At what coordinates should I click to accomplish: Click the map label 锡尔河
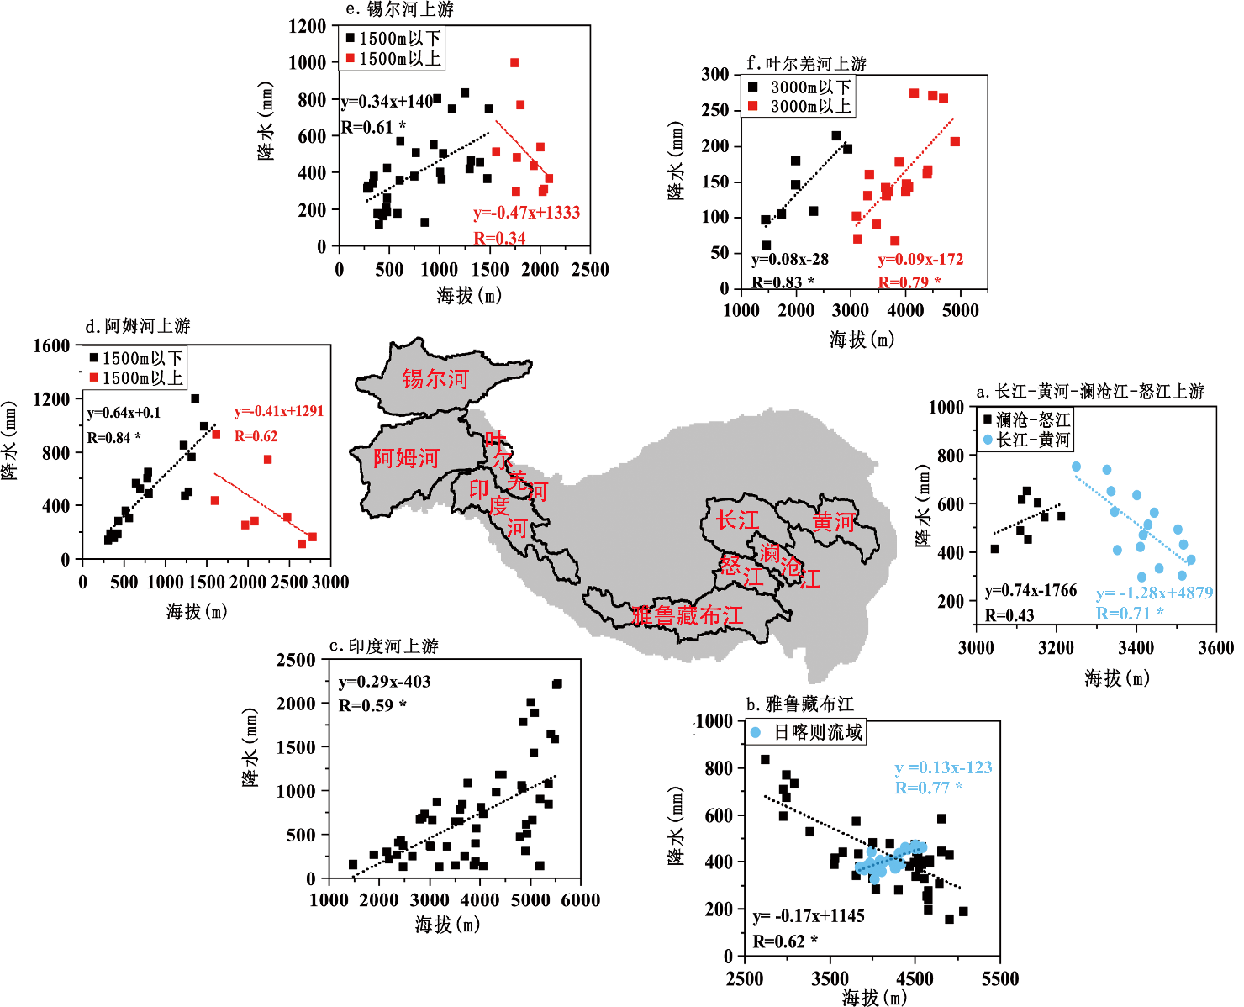pyautogui.click(x=435, y=379)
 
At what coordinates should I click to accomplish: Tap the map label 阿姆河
pyautogui.click(x=406, y=458)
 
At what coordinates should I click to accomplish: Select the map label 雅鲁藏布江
pyautogui.click(x=687, y=616)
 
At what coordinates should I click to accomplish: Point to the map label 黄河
pyautogui.click(x=833, y=522)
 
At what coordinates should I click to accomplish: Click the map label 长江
pyautogui.click(x=737, y=520)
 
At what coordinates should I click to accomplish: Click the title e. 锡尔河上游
pyautogui.click(x=400, y=9)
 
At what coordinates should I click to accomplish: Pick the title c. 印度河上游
pyautogui.click(x=384, y=646)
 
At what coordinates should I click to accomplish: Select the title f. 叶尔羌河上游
pyautogui.click(x=806, y=64)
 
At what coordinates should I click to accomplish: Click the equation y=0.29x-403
pyautogui.click(x=384, y=682)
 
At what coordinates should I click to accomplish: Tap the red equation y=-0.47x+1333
pyautogui.click(x=527, y=213)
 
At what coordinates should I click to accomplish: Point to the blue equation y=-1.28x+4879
pyautogui.click(x=1154, y=593)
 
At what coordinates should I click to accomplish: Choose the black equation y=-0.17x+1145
pyautogui.click(x=809, y=916)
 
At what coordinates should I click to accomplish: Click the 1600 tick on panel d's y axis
pyautogui.click(x=51, y=345)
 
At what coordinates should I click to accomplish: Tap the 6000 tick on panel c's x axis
pyautogui.click(x=581, y=900)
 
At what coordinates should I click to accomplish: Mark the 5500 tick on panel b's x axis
pyautogui.click(x=1000, y=978)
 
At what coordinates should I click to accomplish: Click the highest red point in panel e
pyautogui.click(x=514, y=63)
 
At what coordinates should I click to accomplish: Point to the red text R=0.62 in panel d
pyautogui.click(x=256, y=436)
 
